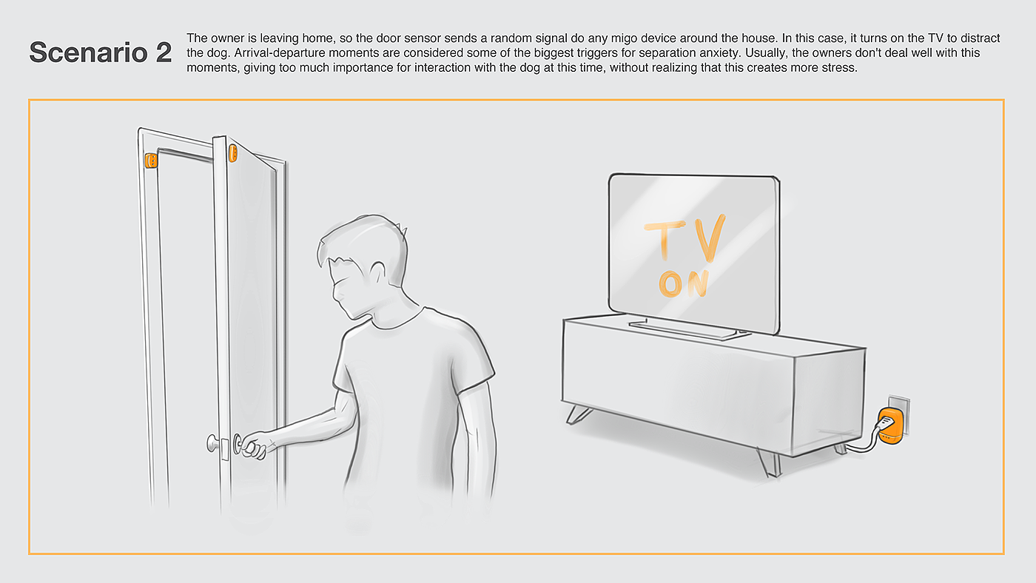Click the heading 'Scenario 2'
tap(101, 53)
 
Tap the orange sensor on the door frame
tap(151, 161)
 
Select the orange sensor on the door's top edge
tap(233, 153)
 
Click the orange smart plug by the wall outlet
tap(890, 426)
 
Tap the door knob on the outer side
tap(213, 443)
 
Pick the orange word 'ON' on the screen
tap(684, 284)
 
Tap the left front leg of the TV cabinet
tap(578, 414)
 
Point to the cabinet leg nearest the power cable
tap(841, 448)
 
